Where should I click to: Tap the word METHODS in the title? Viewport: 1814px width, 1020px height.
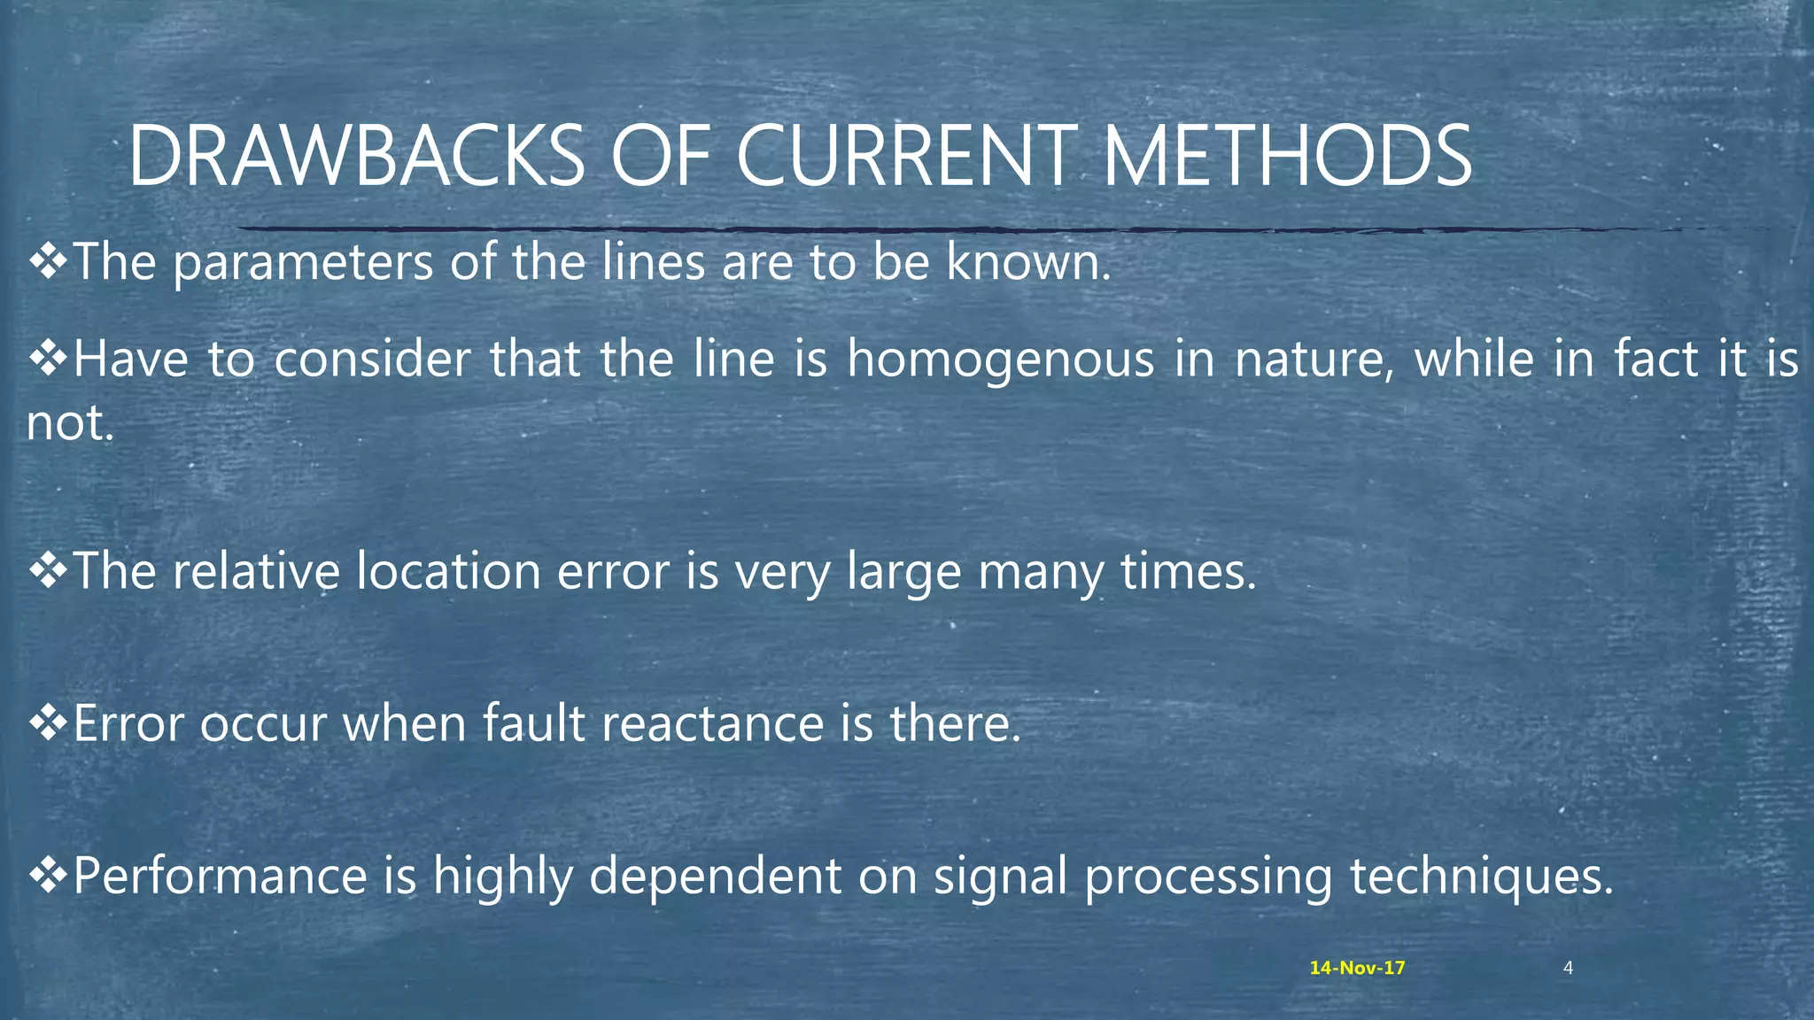[1286, 157]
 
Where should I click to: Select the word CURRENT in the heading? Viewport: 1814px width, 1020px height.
[906, 157]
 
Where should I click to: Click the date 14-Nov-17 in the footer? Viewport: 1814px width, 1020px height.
[1357, 968]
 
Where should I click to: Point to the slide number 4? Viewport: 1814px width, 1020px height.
[1568, 968]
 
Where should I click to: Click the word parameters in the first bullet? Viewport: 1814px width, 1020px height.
[303, 263]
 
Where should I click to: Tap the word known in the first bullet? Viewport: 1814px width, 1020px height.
[1027, 263]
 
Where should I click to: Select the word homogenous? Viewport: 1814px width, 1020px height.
[1000, 359]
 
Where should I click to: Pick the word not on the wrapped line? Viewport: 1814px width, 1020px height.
[69, 422]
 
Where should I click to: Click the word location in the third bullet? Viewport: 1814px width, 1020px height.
[448, 571]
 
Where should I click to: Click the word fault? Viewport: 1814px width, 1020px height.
[533, 723]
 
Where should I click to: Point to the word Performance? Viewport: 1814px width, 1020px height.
[220, 876]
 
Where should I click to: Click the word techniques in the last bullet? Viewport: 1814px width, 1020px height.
[1481, 876]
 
